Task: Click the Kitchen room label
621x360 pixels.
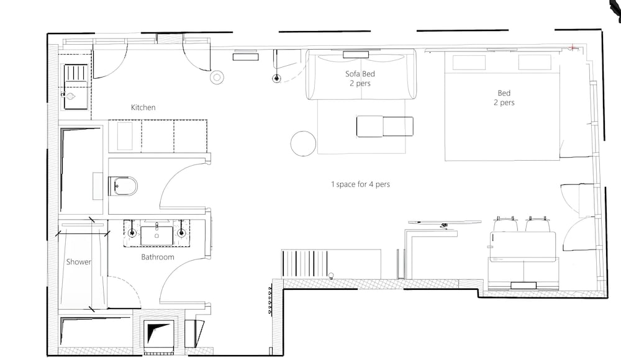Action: click(x=143, y=107)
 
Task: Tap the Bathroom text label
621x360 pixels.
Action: click(x=158, y=257)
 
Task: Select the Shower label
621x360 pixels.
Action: click(x=78, y=262)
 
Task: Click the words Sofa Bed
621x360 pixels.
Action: click(x=360, y=74)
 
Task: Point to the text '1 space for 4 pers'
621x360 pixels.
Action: click(x=360, y=184)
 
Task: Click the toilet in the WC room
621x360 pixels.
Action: click(x=123, y=186)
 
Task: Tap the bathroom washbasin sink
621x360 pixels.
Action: click(x=157, y=235)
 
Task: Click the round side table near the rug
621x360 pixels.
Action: click(x=304, y=143)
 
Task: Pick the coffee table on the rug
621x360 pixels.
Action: click(x=384, y=127)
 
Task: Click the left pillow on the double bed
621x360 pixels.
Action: click(x=469, y=63)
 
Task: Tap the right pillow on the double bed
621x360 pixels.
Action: click(x=534, y=63)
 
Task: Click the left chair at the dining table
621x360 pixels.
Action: click(x=505, y=224)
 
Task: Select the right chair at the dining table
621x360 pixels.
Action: click(x=538, y=224)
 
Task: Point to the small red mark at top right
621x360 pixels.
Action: click(x=572, y=48)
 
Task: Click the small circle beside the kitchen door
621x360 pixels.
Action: click(x=217, y=77)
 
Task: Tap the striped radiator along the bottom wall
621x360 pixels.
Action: click(x=305, y=264)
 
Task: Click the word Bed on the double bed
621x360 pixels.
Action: click(x=504, y=93)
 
